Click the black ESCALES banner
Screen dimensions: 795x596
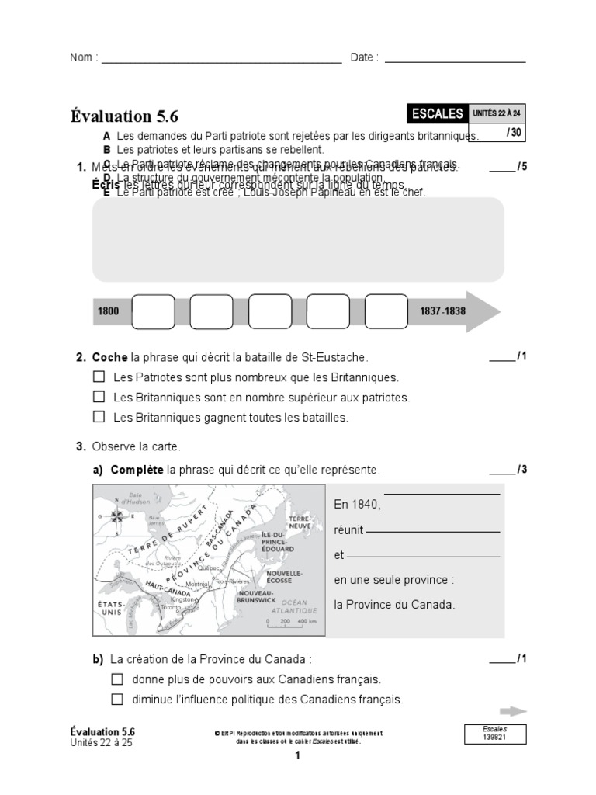coord(437,114)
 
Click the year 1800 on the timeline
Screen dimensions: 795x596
coord(109,311)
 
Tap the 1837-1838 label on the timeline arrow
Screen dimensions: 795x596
coord(442,311)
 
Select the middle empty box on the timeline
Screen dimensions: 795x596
coord(269,311)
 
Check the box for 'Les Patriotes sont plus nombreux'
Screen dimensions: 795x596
coord(99,377)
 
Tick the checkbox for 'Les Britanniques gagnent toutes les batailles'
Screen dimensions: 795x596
coord(99,417)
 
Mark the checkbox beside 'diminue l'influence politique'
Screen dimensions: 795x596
coord(117,699)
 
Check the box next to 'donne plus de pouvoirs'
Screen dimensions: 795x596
coord(117,679)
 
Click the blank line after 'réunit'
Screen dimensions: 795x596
coord(433,533)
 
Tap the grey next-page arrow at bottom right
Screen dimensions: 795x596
coord(513,710)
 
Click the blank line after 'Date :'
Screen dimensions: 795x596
coord(455,61)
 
